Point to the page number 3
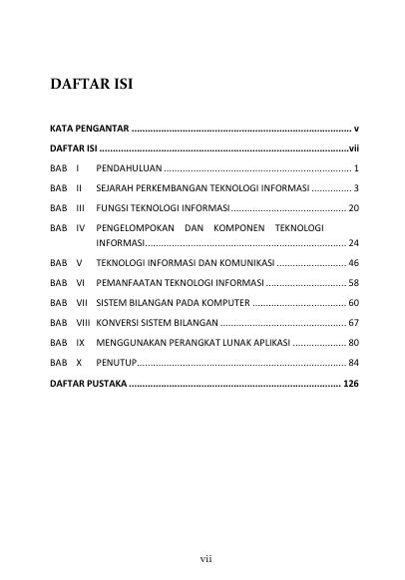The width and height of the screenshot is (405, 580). pyautogui.click(x=355, y=187)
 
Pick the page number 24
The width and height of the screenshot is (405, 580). pyautogui.click(x=352, y=243)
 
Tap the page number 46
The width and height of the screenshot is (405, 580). pyautogui.click(x=352, y=264)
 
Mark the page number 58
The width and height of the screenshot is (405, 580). pyautogui.click(x=352, y=283)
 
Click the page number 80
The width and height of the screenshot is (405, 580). pyautogui.click(x=352, y=342)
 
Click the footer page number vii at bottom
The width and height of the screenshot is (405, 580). pyautogui.click(x=205, y=558)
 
